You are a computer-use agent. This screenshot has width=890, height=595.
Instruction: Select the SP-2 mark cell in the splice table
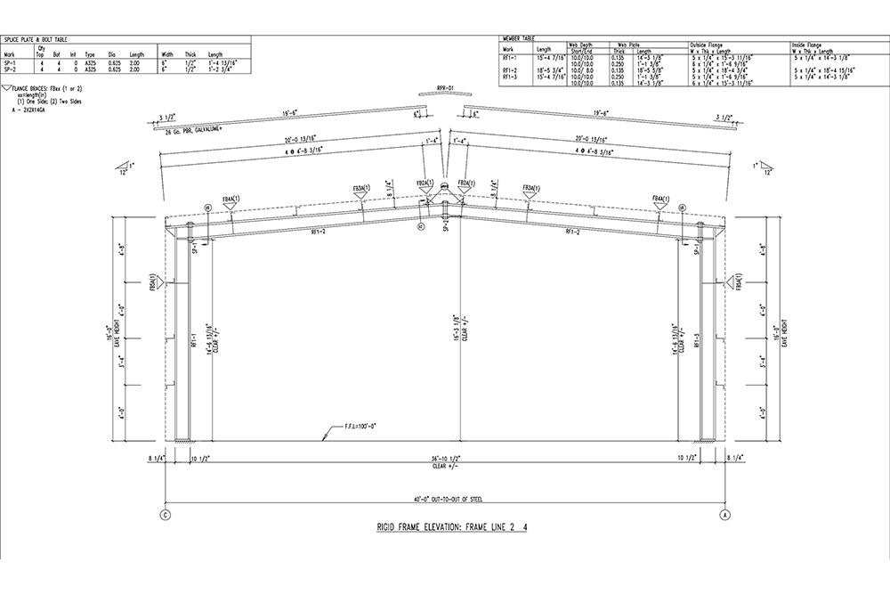10,69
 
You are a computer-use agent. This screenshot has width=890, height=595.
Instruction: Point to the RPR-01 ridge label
445,88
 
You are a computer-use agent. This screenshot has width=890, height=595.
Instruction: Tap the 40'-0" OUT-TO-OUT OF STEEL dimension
445,501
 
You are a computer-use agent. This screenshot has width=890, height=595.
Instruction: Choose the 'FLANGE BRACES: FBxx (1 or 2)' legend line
44,90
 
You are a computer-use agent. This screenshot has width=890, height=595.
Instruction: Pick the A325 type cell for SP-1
90,63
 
